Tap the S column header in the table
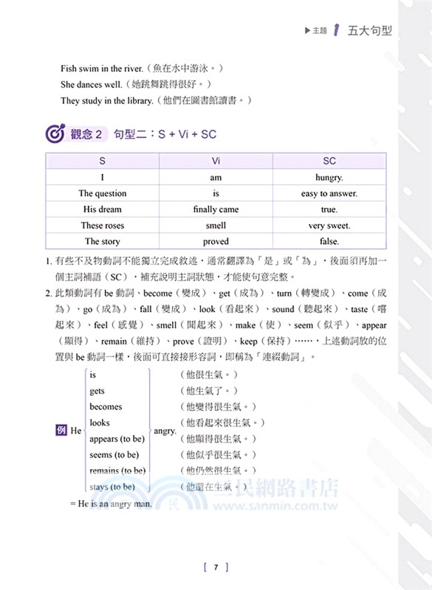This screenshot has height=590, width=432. pos(103,161)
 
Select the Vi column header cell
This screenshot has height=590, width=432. pos(216,161)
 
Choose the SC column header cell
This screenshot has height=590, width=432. pos(329,161)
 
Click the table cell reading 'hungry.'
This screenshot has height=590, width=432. pos(329,177)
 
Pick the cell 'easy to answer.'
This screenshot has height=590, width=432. pos(329,193)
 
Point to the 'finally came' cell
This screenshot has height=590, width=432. pos(216,209)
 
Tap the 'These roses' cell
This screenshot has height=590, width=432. pos(103,226)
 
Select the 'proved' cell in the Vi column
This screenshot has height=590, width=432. pos(216,241)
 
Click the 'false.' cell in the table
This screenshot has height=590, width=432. pos(329,241)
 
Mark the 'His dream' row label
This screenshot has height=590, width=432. pos(103,209)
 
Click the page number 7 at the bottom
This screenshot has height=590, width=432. pos(215,567)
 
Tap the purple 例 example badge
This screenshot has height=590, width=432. pos(61,430)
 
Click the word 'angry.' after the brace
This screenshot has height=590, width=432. pos(164,430)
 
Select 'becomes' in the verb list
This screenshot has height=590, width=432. pos(106,406)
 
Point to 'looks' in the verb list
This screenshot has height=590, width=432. pos(100,423)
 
